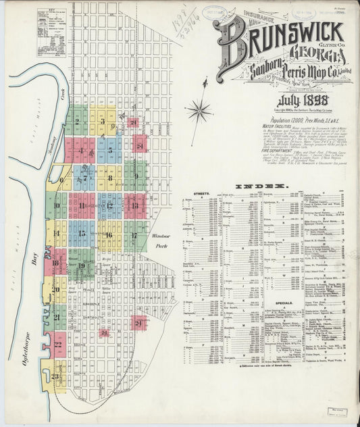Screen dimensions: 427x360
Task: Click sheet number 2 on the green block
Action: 77,122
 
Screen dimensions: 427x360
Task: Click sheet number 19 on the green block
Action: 81,266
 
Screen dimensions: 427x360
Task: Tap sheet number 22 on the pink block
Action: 58,345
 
